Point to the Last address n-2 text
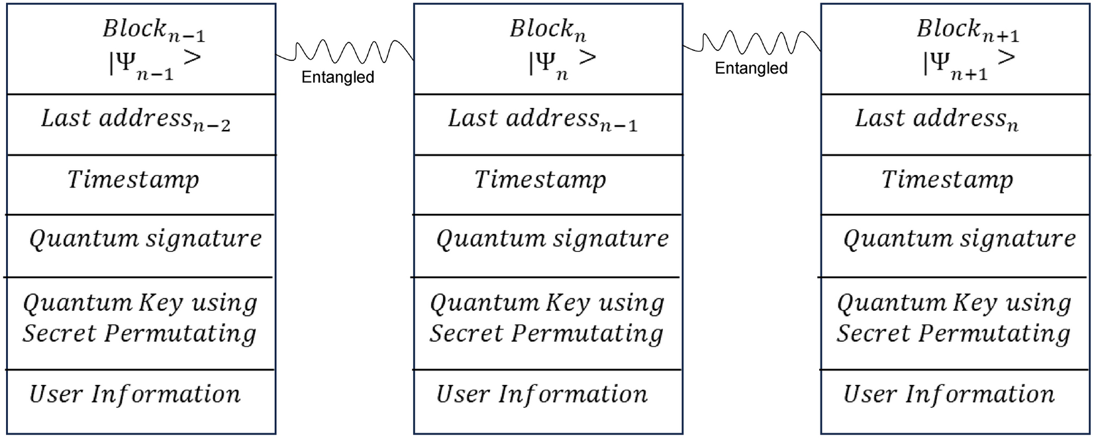135,119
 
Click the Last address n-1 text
542,119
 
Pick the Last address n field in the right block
936,119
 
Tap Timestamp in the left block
133,180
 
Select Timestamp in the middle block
540,180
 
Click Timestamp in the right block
947,180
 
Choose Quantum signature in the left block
146,239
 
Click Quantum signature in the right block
960,239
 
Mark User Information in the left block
135,394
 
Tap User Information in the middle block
542,394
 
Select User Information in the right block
948,394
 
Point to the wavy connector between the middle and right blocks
752,44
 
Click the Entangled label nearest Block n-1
338,78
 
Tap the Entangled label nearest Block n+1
751,68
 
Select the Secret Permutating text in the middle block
546,333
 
